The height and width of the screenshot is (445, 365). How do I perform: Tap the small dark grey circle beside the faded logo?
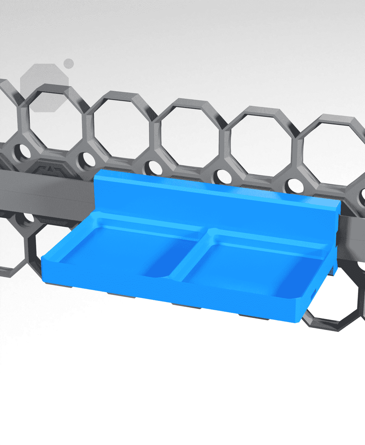[69, 63]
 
